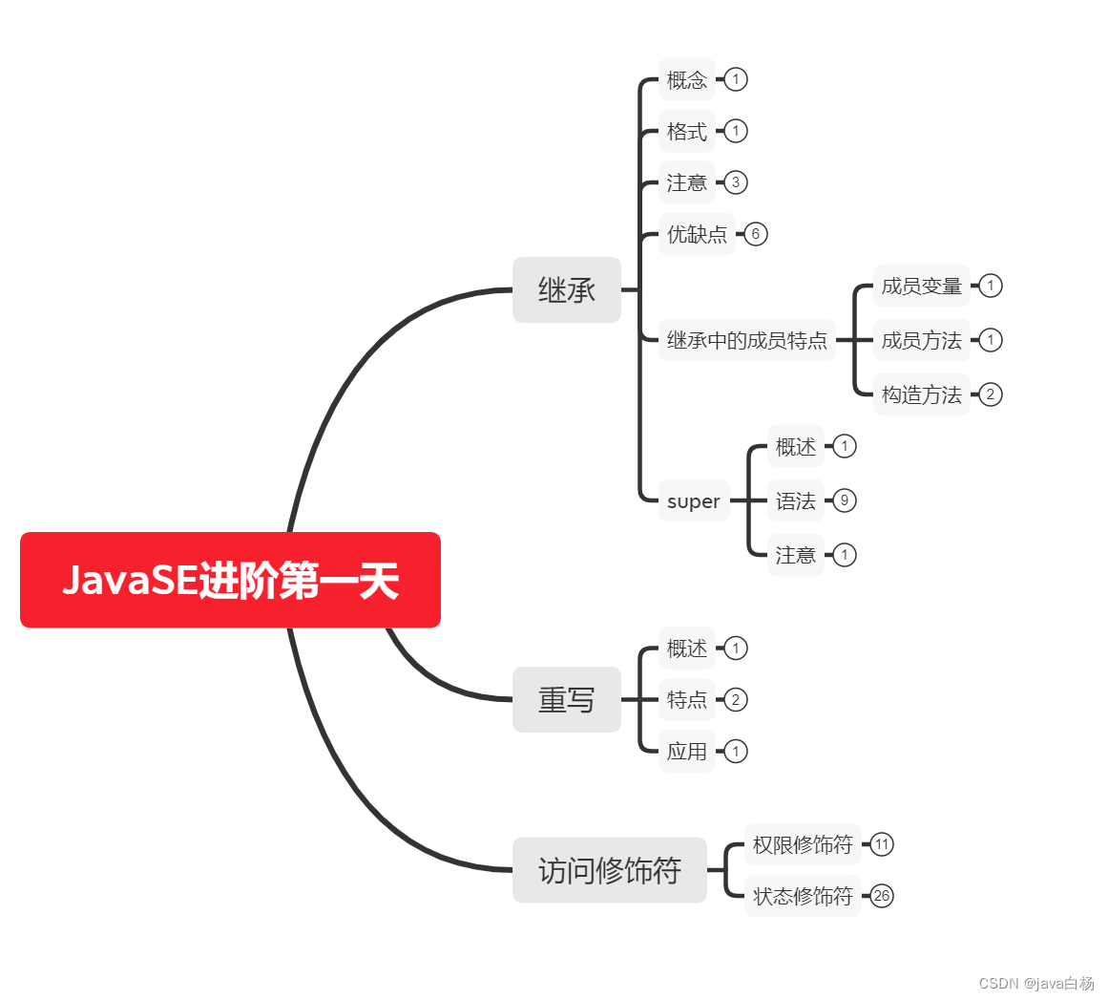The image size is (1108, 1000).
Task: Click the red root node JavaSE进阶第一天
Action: point(230,580)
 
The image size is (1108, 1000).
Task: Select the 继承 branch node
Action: point(567,289)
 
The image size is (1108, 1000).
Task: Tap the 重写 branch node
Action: point(567,700)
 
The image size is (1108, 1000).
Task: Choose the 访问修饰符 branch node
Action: point(610,870)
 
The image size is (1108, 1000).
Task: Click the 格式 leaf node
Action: point(687,131)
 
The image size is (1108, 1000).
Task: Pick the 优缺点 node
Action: point(697,234)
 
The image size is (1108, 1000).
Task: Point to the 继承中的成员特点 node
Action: point(747,340)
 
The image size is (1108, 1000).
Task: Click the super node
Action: point(694,501)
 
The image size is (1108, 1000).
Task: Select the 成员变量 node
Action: point(922,286)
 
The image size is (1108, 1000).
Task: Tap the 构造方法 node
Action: point(922,394)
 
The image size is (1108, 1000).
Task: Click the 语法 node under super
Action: point(796,500)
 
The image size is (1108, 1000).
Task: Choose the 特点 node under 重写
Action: point(687,700)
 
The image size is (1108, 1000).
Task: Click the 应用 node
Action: point(687,752)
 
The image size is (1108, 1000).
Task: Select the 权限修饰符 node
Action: point(803,844)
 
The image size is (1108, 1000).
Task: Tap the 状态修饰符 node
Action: point(803,896)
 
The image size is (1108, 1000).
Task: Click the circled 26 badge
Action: point(882,896)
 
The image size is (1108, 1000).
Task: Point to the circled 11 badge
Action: point(882,844)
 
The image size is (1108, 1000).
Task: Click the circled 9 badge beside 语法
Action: point(845,500)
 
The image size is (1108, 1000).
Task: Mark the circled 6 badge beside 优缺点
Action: point(756,234)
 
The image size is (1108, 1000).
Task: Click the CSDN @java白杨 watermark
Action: point(1036,984)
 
